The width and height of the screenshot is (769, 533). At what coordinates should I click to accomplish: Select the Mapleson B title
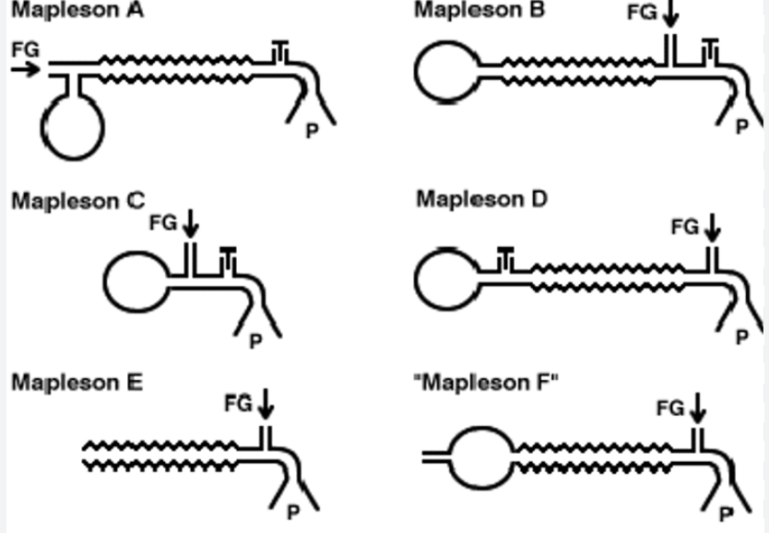click(479, 10)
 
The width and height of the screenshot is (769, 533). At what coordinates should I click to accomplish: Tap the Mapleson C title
click(77, 201)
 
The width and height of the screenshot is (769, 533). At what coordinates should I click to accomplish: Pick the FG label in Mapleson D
click(685, 226)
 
